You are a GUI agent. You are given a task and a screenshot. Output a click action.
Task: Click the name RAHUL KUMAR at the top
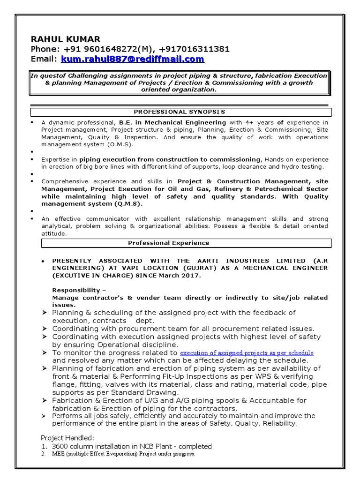(66, 39)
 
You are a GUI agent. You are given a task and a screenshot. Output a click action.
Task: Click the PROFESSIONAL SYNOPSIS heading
(180, 112)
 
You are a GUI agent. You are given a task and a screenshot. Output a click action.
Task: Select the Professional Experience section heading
(169, 243)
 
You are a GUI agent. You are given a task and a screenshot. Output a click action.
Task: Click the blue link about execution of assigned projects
(247, 352)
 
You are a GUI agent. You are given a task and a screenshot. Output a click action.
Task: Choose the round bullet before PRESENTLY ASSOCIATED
(43, 261)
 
